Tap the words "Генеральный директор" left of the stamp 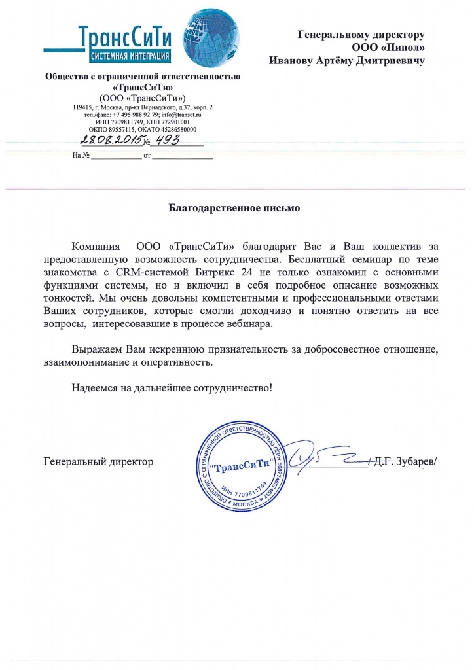click(x=98, y=461)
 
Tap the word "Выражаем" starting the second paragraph click(x=96, y=349)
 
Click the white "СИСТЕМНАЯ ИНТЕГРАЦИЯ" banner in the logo click(x=131, y=55)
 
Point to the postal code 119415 click(x=84, y=106)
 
